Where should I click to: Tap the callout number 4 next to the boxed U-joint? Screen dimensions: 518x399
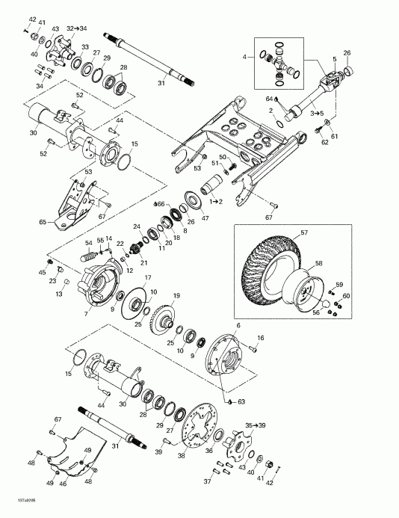[243, 56]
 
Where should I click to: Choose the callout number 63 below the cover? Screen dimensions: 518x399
[242, 401]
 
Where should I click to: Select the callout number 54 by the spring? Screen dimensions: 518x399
[88, 244]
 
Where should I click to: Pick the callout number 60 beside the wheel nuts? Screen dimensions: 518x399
[345, 297]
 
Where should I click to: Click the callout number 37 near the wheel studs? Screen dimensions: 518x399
[208, 481]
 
